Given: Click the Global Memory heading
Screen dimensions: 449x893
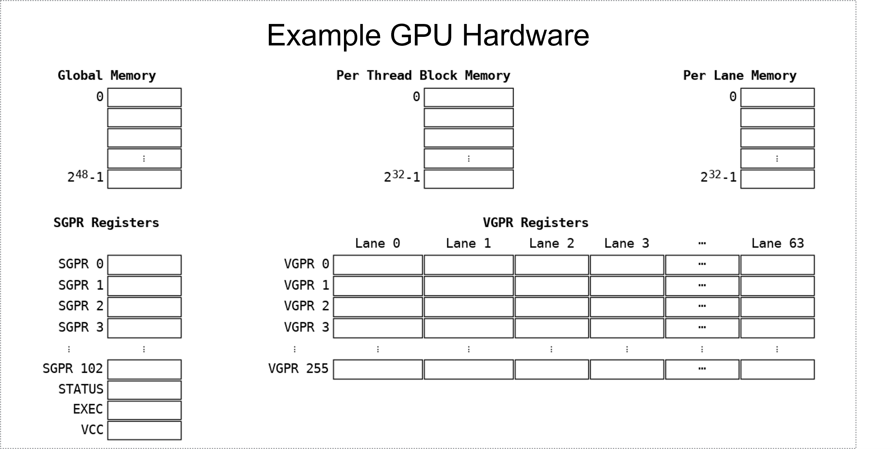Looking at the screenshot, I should (x=107, y=75).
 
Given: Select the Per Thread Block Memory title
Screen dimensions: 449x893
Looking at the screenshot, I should (x=423, y=75).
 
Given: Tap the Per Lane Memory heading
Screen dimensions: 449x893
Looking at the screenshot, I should (x=739, y=75).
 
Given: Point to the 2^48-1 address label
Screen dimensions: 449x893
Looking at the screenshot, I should (x=85, y=177).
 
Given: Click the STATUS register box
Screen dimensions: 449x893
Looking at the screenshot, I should (x=144, y=390).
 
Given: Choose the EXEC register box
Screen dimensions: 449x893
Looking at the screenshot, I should (x=144, y=410).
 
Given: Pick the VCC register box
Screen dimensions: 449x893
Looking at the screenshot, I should (x=144, y=430).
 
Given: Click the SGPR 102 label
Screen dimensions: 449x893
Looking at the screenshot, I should (x=73, y=369).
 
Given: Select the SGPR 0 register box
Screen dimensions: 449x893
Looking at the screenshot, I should (x=144, y=265).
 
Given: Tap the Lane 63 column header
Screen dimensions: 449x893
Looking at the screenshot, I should (x=777, y=244).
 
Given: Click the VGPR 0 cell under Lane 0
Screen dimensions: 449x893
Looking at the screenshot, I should (x=378, y=265).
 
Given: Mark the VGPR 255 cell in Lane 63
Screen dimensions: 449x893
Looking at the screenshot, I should (x=777, y=369).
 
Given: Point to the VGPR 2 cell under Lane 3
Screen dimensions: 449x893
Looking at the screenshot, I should (x=627, y=307).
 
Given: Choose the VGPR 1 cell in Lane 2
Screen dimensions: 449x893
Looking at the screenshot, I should (x=552, y=286).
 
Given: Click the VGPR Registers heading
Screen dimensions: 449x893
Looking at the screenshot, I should (x=535, y=223).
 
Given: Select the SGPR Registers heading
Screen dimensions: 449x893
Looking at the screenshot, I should (x=106, y=223).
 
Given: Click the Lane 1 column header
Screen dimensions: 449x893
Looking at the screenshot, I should (x=468, y=244).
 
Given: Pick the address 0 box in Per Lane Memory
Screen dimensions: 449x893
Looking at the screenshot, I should (x=777, y=97).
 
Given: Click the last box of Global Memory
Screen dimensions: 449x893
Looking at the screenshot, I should (x=144, y=179).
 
